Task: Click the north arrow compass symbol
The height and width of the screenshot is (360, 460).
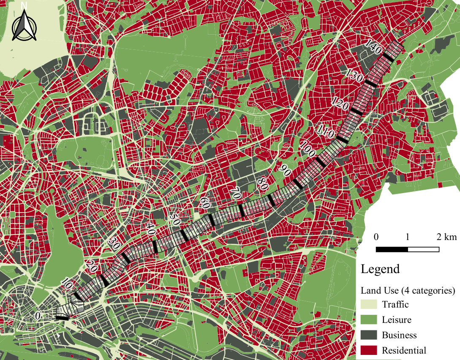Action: (x=24, y=26)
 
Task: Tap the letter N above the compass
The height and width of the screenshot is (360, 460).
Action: (x=24, y=5)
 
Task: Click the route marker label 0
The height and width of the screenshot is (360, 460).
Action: (x=38, y=316)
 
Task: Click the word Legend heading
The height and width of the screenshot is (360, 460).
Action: (x=380, y=269)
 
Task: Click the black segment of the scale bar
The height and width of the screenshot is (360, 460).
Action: (x=392, y=249)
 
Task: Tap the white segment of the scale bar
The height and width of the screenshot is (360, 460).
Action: (x=423, y=249)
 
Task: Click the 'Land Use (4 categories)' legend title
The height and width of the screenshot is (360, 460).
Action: (x=407, y=291)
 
